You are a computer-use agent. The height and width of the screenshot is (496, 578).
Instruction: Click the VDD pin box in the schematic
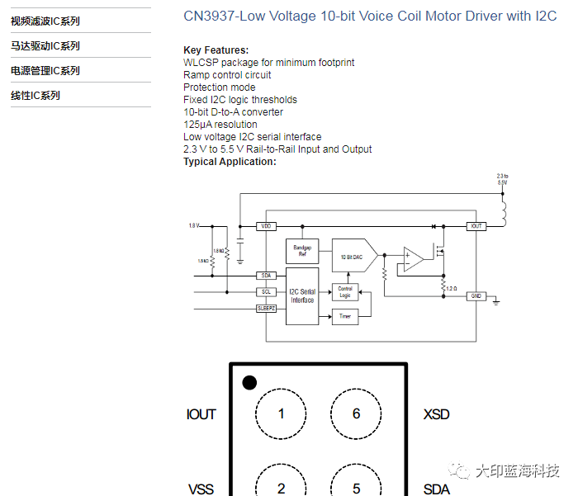tap(266, 226)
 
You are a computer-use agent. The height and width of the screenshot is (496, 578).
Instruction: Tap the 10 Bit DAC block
tap(352, 257)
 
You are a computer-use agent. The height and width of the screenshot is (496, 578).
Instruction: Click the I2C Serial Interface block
tap(302, 295)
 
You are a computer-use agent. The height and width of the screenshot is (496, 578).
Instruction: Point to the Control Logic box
tap(345, 292)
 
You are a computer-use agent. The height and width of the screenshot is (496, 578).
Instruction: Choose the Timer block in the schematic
tap(345, 317)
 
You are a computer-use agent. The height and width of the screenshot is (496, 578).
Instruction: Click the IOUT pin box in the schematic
tap(475, 226)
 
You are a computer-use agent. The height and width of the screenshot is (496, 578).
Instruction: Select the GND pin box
tap(476, 295)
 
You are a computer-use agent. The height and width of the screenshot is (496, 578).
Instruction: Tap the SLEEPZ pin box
tap(266, 308)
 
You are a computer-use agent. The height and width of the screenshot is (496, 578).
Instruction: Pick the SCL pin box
tap(266, 291)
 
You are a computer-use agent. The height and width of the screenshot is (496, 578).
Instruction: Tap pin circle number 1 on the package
tap(281, 413)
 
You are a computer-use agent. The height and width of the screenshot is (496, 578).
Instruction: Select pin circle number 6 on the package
tap(357, 413)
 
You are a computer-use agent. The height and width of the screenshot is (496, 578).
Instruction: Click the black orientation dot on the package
tap(249, 382)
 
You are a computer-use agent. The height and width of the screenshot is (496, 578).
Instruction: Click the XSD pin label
tap(436, 414)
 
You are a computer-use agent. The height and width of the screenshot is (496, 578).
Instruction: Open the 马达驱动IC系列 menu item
tap(45, 46)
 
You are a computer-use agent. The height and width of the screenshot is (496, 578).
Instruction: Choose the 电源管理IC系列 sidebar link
tap(45, 71)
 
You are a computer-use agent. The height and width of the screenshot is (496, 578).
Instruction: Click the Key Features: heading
tap(216, 50)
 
